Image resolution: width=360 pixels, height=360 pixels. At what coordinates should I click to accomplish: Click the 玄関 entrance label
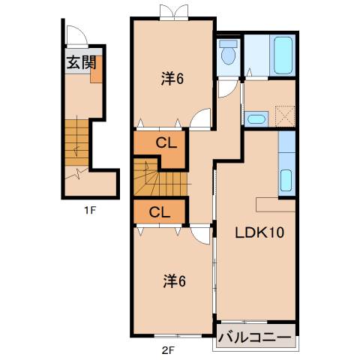80,62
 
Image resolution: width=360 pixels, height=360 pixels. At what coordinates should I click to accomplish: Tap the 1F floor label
89,209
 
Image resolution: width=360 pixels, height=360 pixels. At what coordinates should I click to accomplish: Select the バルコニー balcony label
254,337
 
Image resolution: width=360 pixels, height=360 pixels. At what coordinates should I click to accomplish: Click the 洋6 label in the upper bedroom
172,78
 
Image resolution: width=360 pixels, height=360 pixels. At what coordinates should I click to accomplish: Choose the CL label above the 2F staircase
166,143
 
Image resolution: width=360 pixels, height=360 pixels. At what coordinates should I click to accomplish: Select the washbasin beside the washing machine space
256,118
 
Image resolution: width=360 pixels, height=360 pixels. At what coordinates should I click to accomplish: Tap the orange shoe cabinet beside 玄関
96,73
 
